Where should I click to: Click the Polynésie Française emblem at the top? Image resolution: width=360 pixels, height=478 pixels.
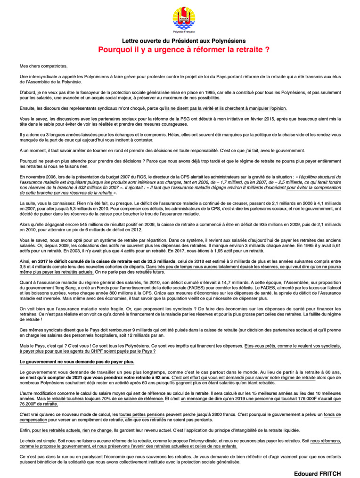click(x=180, y=18)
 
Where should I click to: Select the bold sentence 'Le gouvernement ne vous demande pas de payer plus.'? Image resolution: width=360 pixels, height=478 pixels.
click(x=77, y=362)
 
